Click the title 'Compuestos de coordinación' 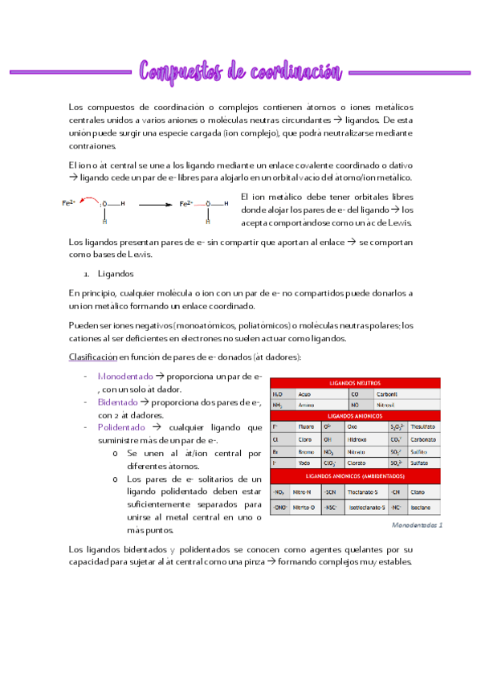point(240,71)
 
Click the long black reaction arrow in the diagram point(145,205)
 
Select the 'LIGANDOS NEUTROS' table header point(355,383)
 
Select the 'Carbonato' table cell point(425,439)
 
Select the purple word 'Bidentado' point(117,402)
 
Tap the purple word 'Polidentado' point(121,427)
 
